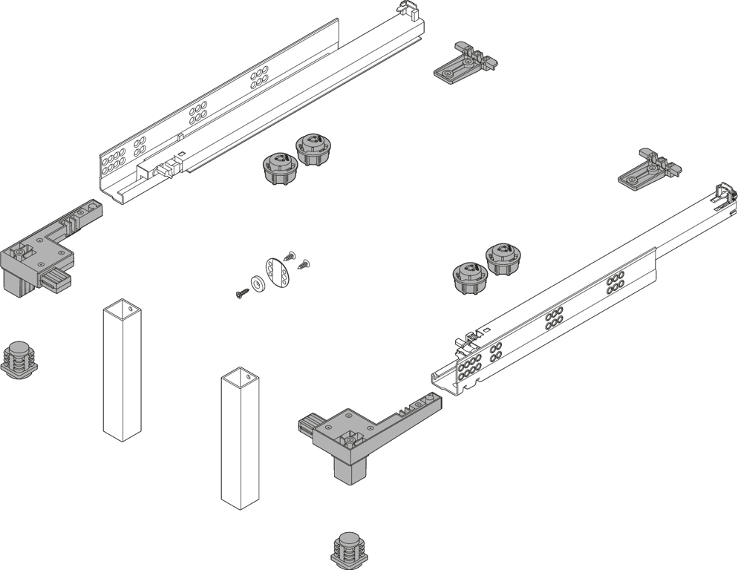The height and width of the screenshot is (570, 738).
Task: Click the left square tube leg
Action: [122, 370]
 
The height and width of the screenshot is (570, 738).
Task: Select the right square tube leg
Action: [240, 438]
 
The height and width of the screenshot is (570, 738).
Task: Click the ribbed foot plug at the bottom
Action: [350, 550]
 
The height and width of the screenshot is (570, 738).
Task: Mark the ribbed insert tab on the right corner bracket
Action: [309, 425]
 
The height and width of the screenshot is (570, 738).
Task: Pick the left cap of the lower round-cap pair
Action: [469, 277]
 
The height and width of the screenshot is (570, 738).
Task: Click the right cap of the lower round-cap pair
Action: [505, 258]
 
